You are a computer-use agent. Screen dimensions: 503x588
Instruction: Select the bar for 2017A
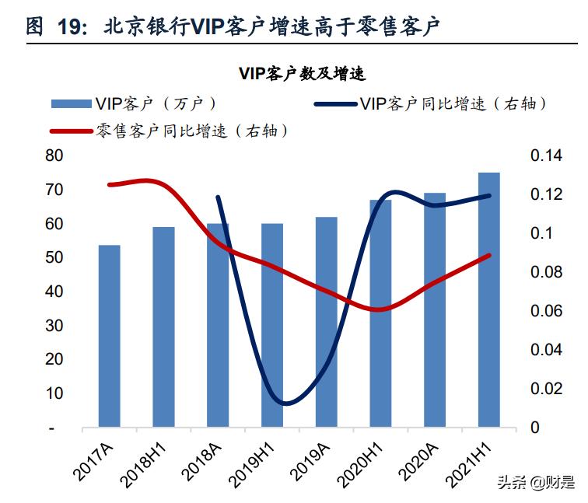pyautogui.click(x=110, y=336)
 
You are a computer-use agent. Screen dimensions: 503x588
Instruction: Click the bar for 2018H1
pyautogui.click(x=163, y=327)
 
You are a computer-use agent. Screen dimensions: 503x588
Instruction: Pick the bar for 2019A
pyautogui.click(x=327, y=322)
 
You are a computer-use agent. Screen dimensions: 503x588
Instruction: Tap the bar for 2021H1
pyautogui.click(x=489, y=299)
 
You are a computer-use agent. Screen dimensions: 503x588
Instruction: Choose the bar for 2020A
pyautogui.click(x=435, y=310)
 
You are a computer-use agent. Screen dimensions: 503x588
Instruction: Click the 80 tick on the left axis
pyautogui.click(x=54, y=155)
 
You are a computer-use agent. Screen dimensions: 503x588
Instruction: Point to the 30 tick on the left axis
pyautogui.click(x=54, y=326)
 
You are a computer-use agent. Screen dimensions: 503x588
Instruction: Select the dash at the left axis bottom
pyautogui.click(x=53, y=428)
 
